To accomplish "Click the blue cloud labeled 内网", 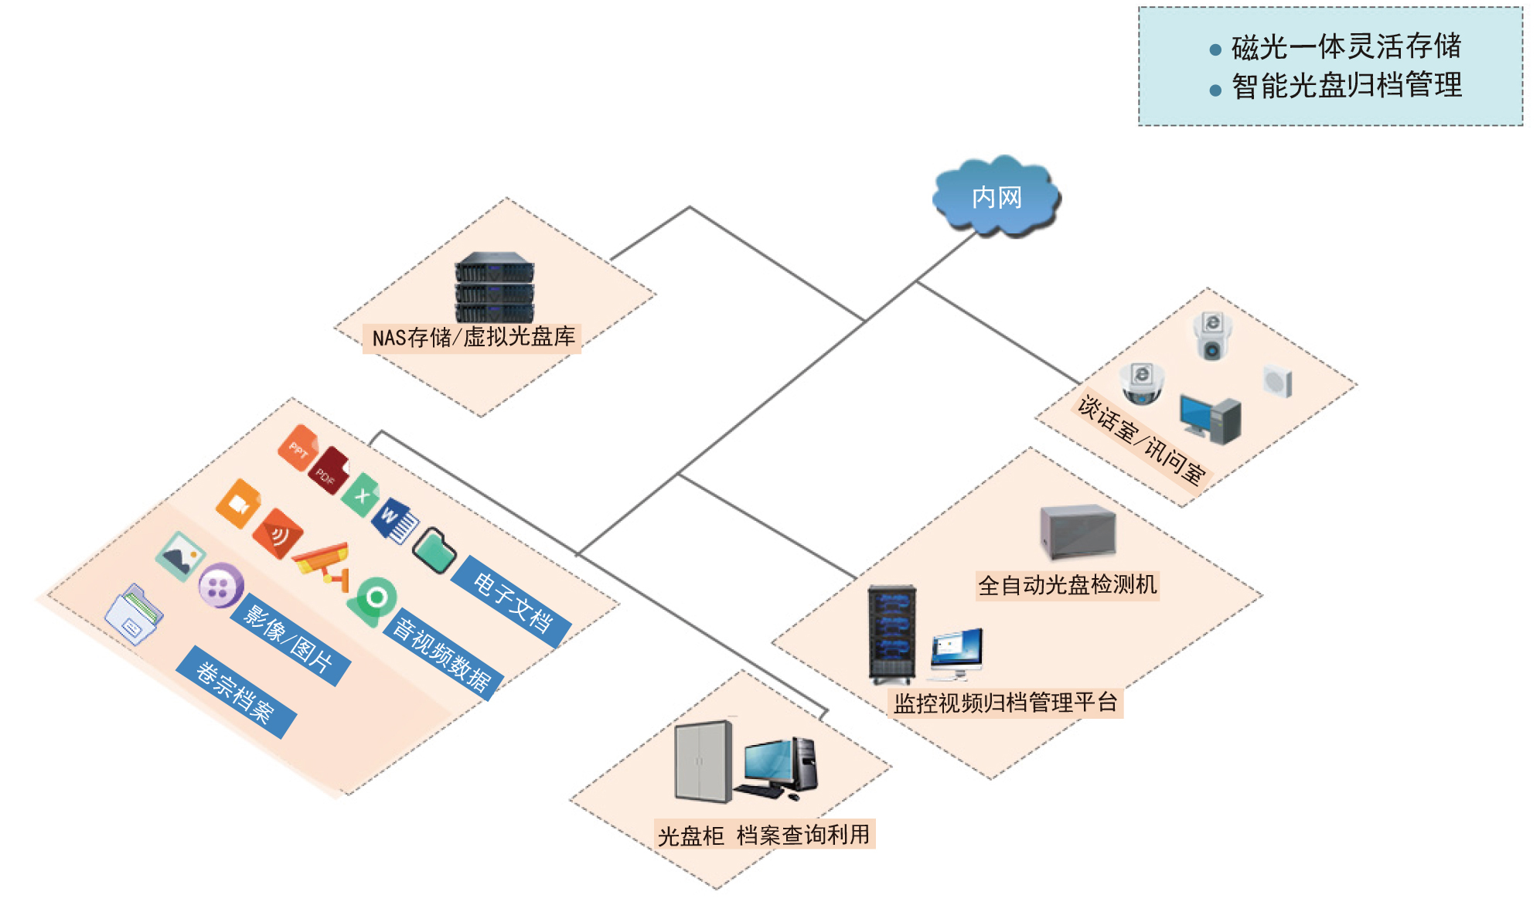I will (x=996, y=196).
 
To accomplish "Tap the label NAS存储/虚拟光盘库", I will (x=472, y=338).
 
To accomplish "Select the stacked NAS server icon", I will (x=494, y=288).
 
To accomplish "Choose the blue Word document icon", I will (x=395, y=522).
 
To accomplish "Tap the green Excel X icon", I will (x=361, y=495).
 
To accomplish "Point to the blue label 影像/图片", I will (x=288, y=639).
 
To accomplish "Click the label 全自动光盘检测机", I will (x=1067, y=585).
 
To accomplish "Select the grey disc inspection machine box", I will (x=1078, y=531).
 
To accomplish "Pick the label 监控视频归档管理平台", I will (x=1005, y=703).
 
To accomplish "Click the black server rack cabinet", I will (x=892, y=634).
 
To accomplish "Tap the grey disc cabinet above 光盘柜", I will (x=703, y=761).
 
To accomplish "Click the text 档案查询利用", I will (x=802, y=835).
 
